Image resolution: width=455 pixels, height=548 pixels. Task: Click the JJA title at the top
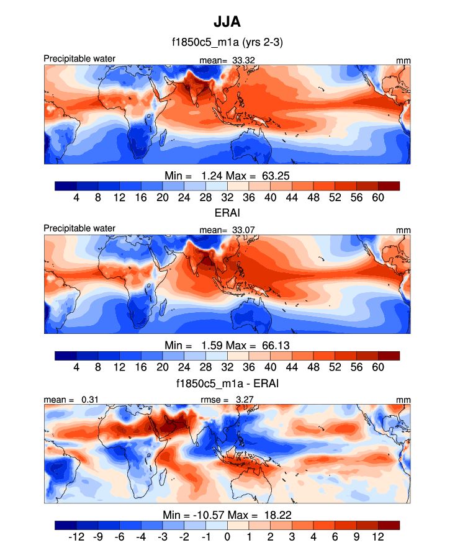[x=227, y=22]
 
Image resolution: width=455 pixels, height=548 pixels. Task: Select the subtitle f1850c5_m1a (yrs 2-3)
[x=227, y=43]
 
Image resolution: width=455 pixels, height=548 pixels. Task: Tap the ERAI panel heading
[x=227, y=212]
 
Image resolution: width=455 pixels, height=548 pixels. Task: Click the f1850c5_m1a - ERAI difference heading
[x=227, y=384]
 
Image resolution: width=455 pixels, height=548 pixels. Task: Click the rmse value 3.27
[x=245, y=400]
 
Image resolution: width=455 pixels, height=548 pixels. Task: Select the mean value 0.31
[x=89, y=400]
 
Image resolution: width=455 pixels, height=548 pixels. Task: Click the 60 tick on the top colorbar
[x=378, y=197]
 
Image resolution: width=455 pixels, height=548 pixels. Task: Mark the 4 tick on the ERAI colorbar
[x=76, y=367]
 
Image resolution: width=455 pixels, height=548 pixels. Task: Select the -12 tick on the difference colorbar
[x=76, y=537]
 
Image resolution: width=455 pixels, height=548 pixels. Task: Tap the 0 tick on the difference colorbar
[x=227, y=537]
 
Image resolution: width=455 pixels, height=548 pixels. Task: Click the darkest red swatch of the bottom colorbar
[x=389, y=525]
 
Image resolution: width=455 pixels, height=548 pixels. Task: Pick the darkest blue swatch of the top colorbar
[x=65, y=185]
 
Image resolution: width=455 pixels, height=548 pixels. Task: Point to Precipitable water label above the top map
[x=79, y=59]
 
